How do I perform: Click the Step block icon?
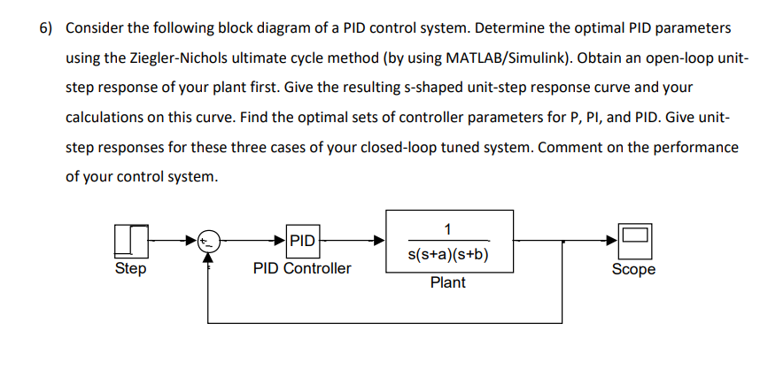(130, 240)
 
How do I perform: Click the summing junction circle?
(208, 240)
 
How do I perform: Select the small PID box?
(303, 240)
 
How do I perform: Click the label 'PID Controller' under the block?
(302, 268)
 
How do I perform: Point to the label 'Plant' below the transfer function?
(448, 283)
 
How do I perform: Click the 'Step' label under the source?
(130, 268)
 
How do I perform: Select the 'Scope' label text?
(634, 269)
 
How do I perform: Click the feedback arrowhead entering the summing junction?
(208, 256)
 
